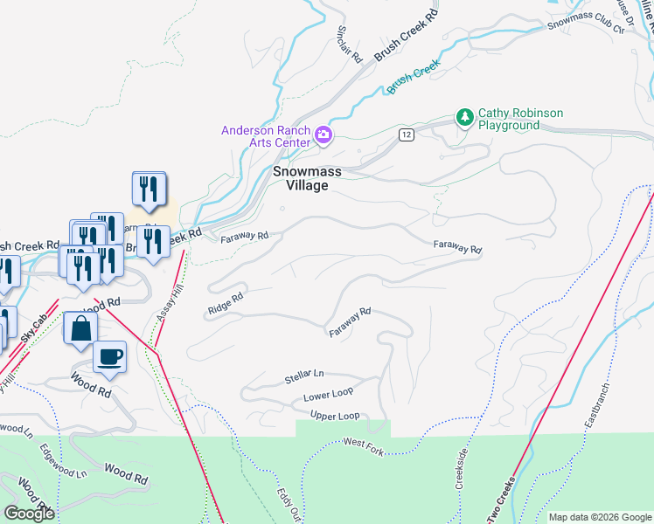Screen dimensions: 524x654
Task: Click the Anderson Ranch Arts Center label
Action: [265, 136]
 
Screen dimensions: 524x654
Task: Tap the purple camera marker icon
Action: [324, 134]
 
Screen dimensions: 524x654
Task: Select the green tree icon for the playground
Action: [464, 117]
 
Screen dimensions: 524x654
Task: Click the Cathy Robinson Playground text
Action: [520, 119]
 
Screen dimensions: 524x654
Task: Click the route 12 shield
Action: [407, 134]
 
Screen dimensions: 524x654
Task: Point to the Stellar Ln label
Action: [303, 377]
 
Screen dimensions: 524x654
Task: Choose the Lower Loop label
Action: [328, 396]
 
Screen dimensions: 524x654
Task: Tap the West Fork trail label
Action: [364, 445]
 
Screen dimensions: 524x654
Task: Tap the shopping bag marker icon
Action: [80, 330]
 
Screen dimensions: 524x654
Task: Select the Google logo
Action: [29, 514]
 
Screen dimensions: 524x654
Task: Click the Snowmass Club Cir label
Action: [588, 24]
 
